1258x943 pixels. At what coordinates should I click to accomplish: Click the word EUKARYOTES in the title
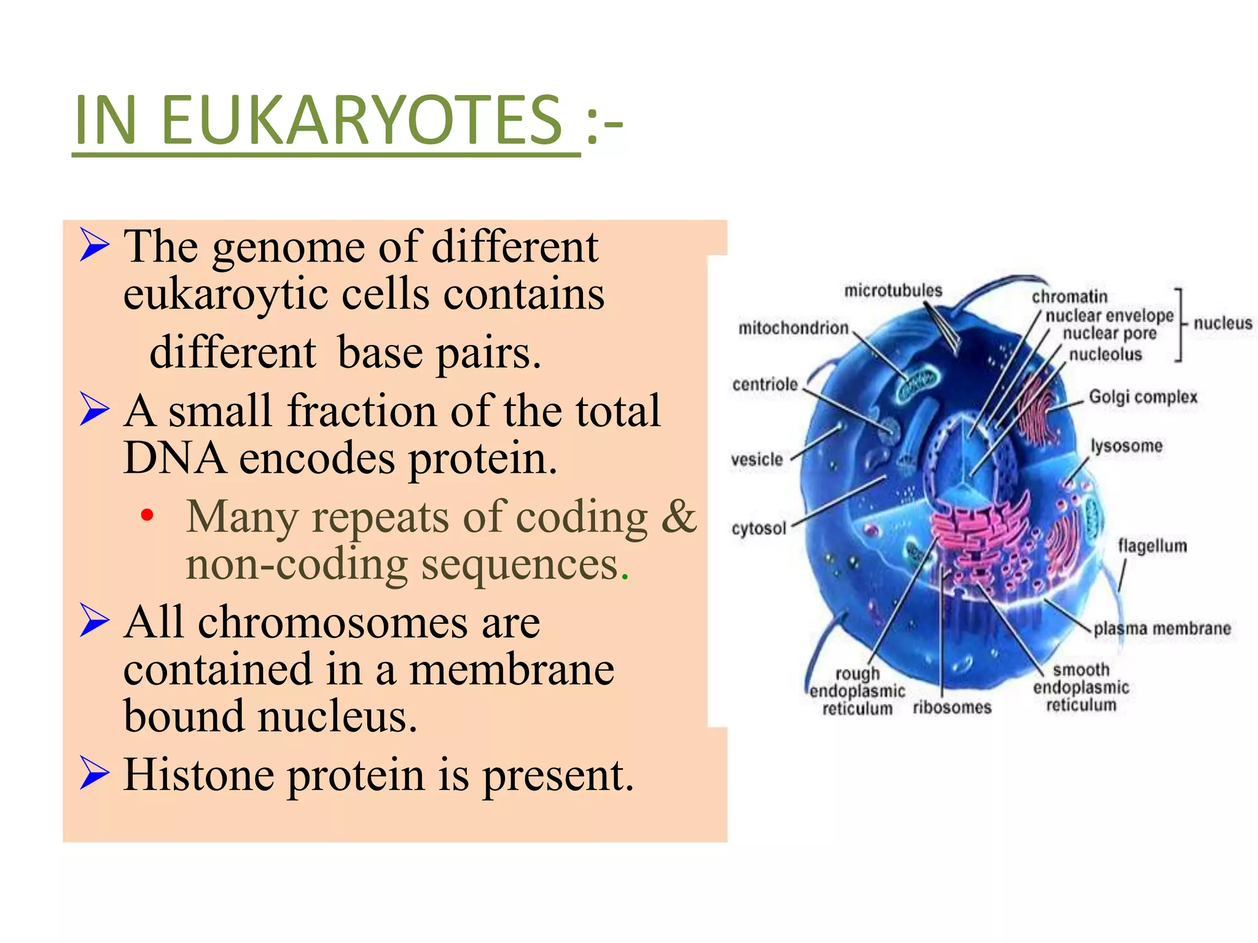click(361, 120)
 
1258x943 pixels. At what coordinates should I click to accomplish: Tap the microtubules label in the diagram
click(893, 290)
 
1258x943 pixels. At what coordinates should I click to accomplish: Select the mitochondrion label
click(793, 328)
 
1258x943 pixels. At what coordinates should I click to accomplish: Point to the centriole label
click(765, 385)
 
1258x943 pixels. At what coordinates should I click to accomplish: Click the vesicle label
click(757, 460)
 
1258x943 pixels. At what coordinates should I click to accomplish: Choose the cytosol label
click(759, 529)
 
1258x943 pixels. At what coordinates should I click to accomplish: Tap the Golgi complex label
click(1143, 397)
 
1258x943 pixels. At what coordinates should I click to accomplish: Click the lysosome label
click(1126, 446)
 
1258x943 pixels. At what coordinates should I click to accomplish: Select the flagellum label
click(1152, 546)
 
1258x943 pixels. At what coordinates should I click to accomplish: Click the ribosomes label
click(952, 708)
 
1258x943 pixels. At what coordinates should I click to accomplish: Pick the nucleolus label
click(1105, 355)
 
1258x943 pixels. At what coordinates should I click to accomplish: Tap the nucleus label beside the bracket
click(1222, 324)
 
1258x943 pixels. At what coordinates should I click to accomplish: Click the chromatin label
click(1069, 297)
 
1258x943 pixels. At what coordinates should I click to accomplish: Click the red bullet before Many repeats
click(146, 515)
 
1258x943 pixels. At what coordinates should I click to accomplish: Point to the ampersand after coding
click(678, 516)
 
